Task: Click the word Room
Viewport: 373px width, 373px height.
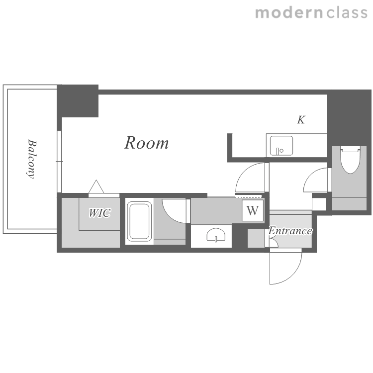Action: pos(147,143)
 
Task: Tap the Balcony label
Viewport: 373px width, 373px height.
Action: pos(31,159)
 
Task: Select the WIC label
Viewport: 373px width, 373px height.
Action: pos(99,213)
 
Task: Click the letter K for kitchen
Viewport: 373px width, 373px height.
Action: pos(301,120)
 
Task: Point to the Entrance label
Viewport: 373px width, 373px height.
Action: pos(290,231)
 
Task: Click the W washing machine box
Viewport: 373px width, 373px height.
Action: pos(253,210)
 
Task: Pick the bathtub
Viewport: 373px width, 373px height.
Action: pos(139,221)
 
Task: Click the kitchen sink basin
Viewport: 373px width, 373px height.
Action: pos(281,146)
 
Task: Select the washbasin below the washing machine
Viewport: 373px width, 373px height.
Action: pos(216,235)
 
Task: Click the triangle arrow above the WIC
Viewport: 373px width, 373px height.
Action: pos(96,186)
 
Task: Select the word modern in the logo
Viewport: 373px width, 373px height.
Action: pos(289,13)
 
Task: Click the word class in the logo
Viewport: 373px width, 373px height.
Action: pos(347,13)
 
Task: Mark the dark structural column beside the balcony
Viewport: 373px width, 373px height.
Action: pos(78,101)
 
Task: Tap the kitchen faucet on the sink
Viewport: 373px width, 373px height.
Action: pos(278,151)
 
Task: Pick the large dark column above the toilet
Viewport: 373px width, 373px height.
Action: pos(349,118)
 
